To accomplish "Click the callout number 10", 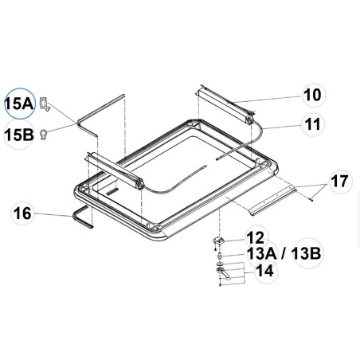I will (313, 95).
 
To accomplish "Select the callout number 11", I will (313, 124).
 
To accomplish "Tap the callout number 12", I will (255, 237).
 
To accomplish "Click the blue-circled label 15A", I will (18, 104).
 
